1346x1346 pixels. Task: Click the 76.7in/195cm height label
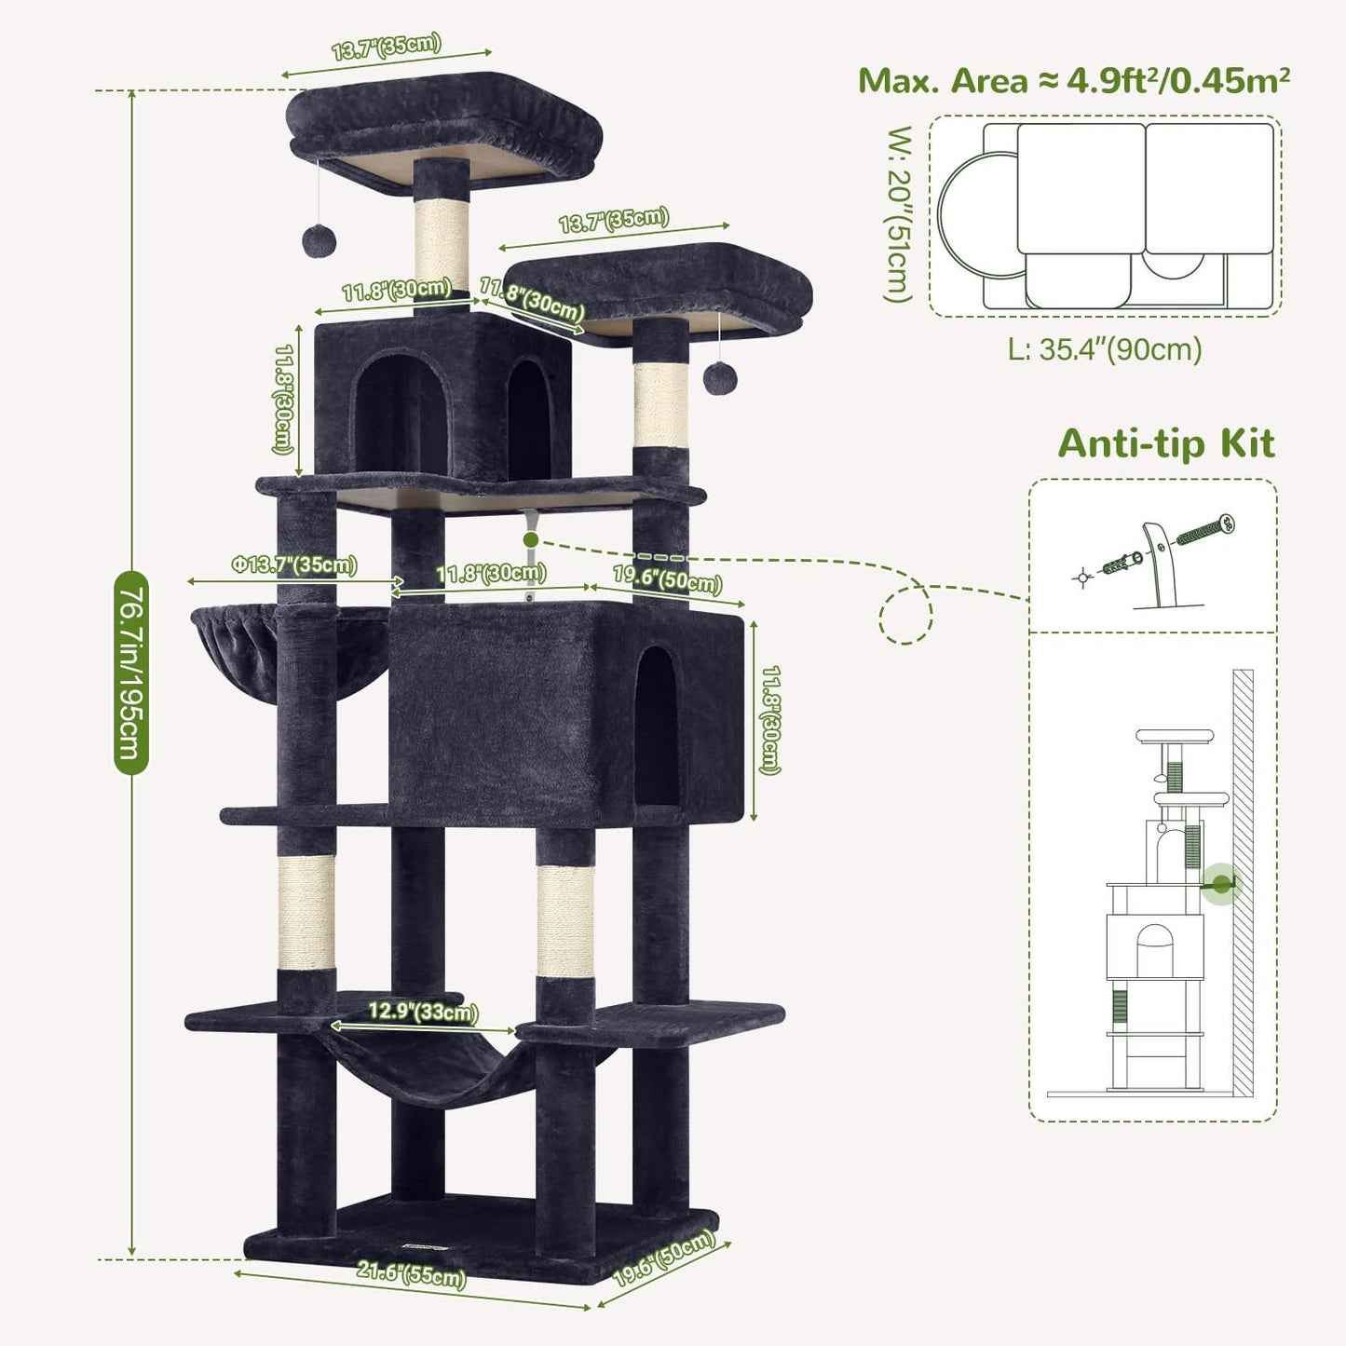pos(130,673)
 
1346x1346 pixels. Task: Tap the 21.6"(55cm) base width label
pos(411,1273)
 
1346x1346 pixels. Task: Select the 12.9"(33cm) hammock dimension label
pos(422,1012)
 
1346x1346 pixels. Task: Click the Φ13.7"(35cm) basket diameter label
pos(293,565)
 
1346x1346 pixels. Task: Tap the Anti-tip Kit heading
pos(1165,443)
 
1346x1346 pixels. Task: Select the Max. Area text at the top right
pos(1073,81)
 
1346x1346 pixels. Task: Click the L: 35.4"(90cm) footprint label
pos(1105,349)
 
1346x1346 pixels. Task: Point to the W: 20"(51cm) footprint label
pos(897,214)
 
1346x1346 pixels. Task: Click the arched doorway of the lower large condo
pos(657,727)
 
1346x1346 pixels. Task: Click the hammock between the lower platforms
pos(433,1071)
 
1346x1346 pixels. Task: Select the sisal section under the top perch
pos(442,240)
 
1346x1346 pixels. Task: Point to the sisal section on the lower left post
pos(306,911)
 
